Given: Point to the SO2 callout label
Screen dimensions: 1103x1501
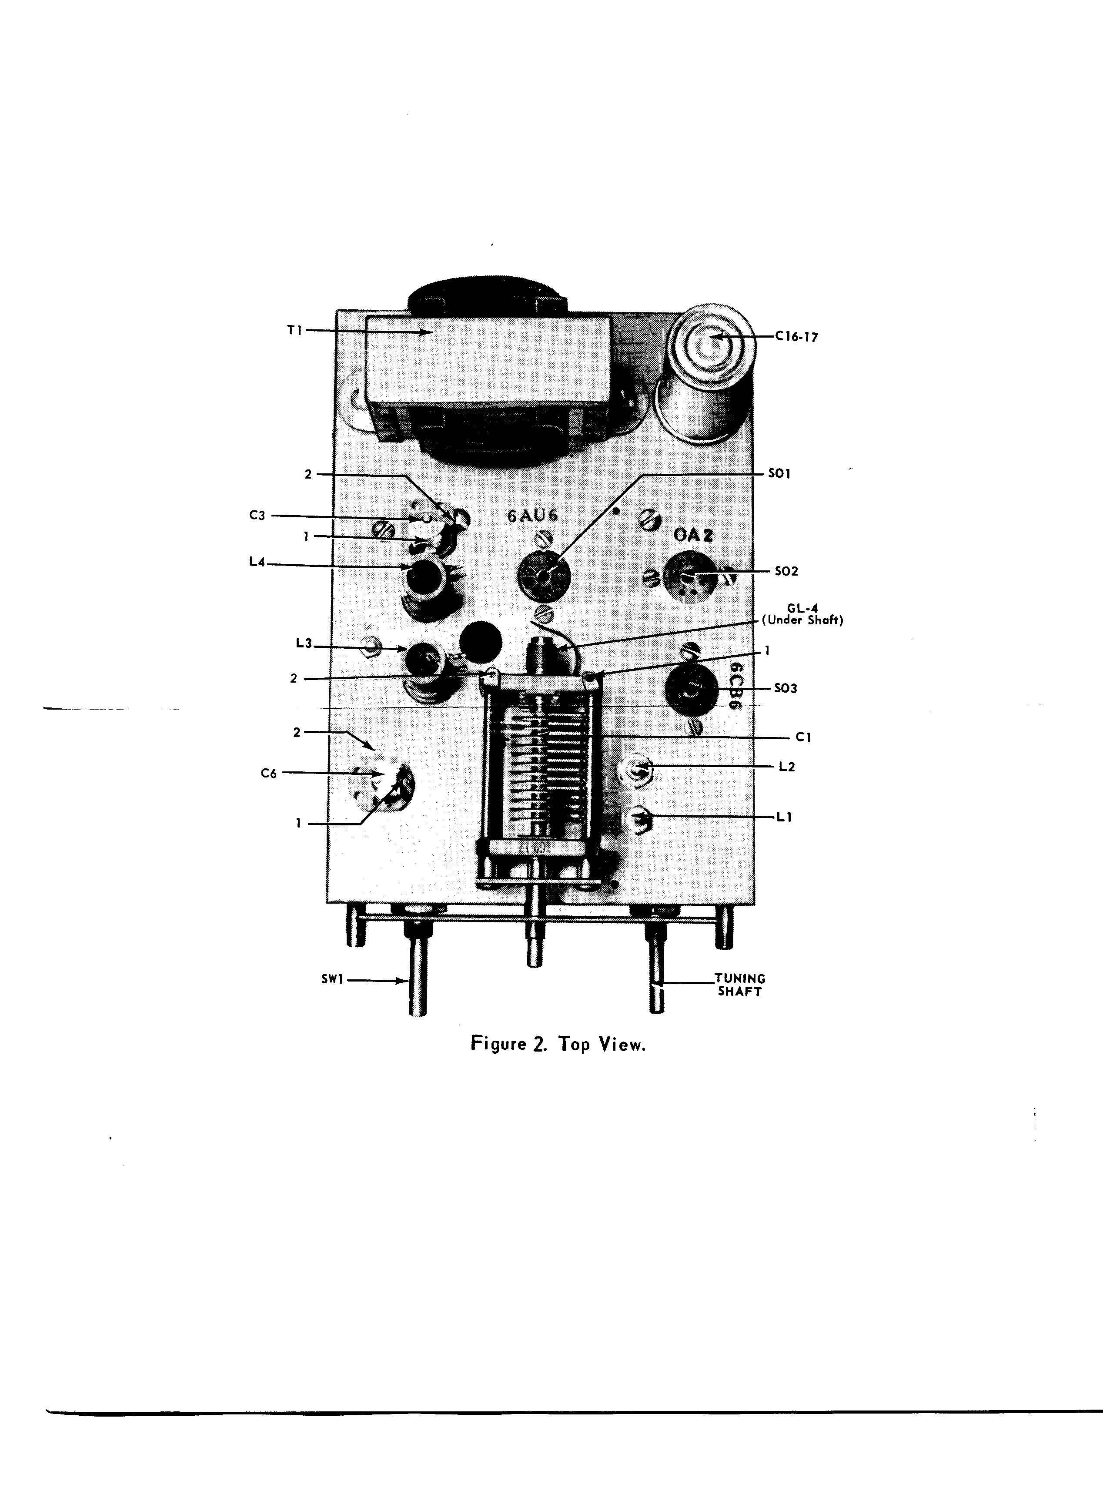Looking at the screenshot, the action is (786, 572).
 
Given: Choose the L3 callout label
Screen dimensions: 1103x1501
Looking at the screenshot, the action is (304, 643).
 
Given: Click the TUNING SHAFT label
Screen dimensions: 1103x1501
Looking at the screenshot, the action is (740, 985).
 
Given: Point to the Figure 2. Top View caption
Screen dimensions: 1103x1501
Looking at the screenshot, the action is (558, 1044).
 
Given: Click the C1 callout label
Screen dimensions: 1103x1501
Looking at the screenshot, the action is (803, 738).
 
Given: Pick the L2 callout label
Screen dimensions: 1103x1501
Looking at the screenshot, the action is (786, 767).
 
